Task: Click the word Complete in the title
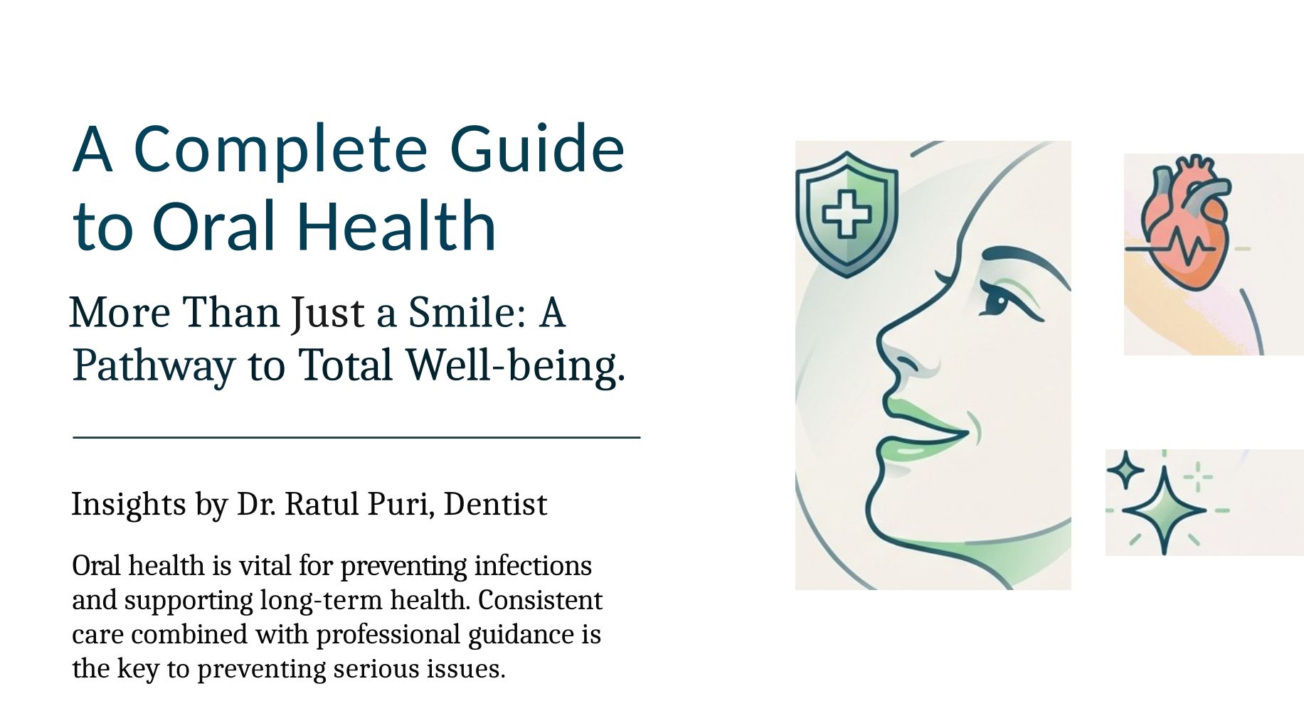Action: [x=281, y=150]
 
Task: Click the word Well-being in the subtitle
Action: [x=515, y=365]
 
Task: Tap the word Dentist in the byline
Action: [x=495, y=504]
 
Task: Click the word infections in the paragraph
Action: [x=533, y=566]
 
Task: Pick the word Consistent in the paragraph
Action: [x=540, y=600]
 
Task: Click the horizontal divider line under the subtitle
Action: [x=356, y=438]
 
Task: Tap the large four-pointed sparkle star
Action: [x=1164, y=509]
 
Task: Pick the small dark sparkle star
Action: [x=1125, y=470]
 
